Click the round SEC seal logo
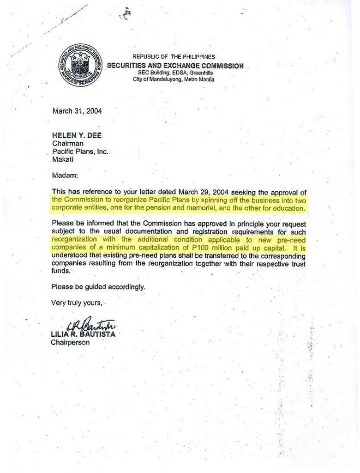(x=80, y=66)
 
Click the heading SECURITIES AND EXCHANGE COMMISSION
(x=175, y=66)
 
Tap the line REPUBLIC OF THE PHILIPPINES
(x=174, y=56)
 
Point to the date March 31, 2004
(x=77, y=111)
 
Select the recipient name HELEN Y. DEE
(x=77, y=135)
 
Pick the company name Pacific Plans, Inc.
(x=80, y=152)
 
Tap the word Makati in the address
(x=62, y=159)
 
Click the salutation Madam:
(x=65, y=176)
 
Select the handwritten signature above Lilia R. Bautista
(x=91, y=326)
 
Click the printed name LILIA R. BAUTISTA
(x=83, y=334)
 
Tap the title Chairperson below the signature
(x=70, y=343)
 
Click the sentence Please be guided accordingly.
(x=98, y=287)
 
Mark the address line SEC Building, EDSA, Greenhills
(x=175, y=73)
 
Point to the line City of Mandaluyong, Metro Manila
(x=174, y=79)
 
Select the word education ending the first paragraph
(x=288, y=208)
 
